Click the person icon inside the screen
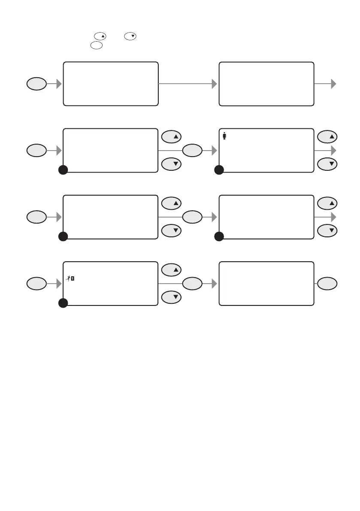224,136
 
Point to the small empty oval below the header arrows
97,45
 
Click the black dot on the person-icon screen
219,170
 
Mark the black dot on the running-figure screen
63,303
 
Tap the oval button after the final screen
328,283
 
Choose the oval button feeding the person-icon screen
192,151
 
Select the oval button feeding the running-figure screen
36,284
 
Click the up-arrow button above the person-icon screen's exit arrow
328,137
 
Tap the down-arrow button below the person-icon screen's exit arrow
328,164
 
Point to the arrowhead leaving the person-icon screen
333,151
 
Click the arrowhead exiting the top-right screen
333,84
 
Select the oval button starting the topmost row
36,84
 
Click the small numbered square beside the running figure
73,278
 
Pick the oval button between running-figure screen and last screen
192,284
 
